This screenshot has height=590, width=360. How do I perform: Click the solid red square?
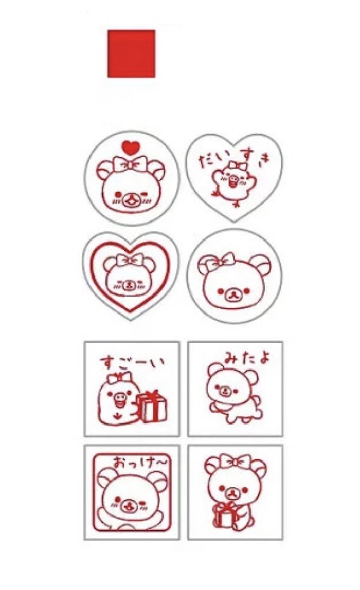tap(131, 53)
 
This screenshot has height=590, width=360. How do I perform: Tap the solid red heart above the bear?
tap(131, 147)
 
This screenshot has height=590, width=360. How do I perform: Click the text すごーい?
tap(132, 362)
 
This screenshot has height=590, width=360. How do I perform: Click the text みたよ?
tap(246, 358)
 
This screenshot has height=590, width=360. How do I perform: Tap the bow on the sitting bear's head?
tap(236, 461)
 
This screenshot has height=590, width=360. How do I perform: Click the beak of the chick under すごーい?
tap(120, 401)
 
